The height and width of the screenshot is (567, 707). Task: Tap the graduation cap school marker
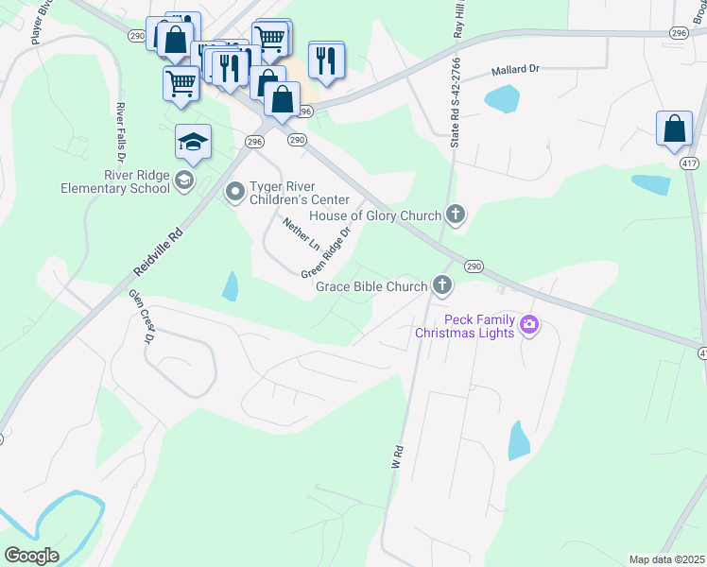pyautogui.click(x=193, y=143)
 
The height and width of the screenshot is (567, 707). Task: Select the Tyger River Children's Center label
pyautogui.click(x=299, y=193)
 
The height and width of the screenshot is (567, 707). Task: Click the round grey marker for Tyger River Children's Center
pyautogui.click(x=234, y=193)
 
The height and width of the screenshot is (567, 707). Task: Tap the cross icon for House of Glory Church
pyautogui.click(x=456, y=215)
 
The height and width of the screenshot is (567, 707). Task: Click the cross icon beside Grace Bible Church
pyautogui.click(x=441, y=284)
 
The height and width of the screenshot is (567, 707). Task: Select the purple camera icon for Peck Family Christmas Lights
pyautogui.click(x=528, y=326)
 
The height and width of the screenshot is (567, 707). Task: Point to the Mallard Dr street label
pyautogui.click(x=515, y=71)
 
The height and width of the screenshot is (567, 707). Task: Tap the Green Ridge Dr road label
pyautogui.click(x=327, y=251)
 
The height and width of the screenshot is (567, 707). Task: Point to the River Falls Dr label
pyautogui.click(x=120, y=131)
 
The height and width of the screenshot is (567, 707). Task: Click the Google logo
pyautogui.click(x=31, y=556)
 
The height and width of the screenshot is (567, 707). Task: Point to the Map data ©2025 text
pyautogui.click(x=665, y=559)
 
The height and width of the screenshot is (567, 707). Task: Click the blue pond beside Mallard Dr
pyautogui.click(x=501, y=98)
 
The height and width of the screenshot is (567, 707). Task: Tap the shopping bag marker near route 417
pyautogui.click(x=674, y=129)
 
